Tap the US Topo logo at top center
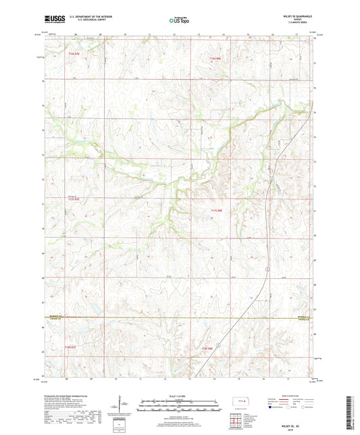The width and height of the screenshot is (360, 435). [179, 22]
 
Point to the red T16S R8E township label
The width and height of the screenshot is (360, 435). [215, 59]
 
